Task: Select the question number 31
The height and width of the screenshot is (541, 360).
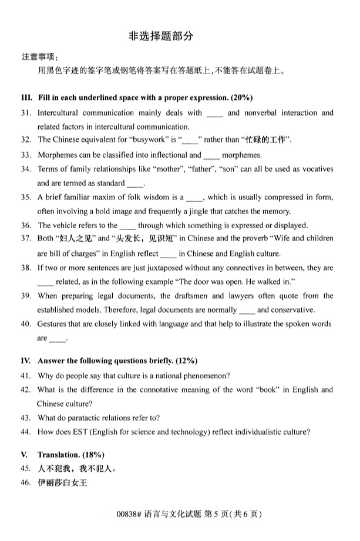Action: tap(26, 113)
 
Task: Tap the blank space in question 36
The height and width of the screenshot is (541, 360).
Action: tap(127, 225)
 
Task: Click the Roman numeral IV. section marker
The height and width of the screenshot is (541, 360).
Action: tap(26, 361)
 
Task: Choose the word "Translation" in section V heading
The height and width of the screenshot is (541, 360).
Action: tap(58, 455)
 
